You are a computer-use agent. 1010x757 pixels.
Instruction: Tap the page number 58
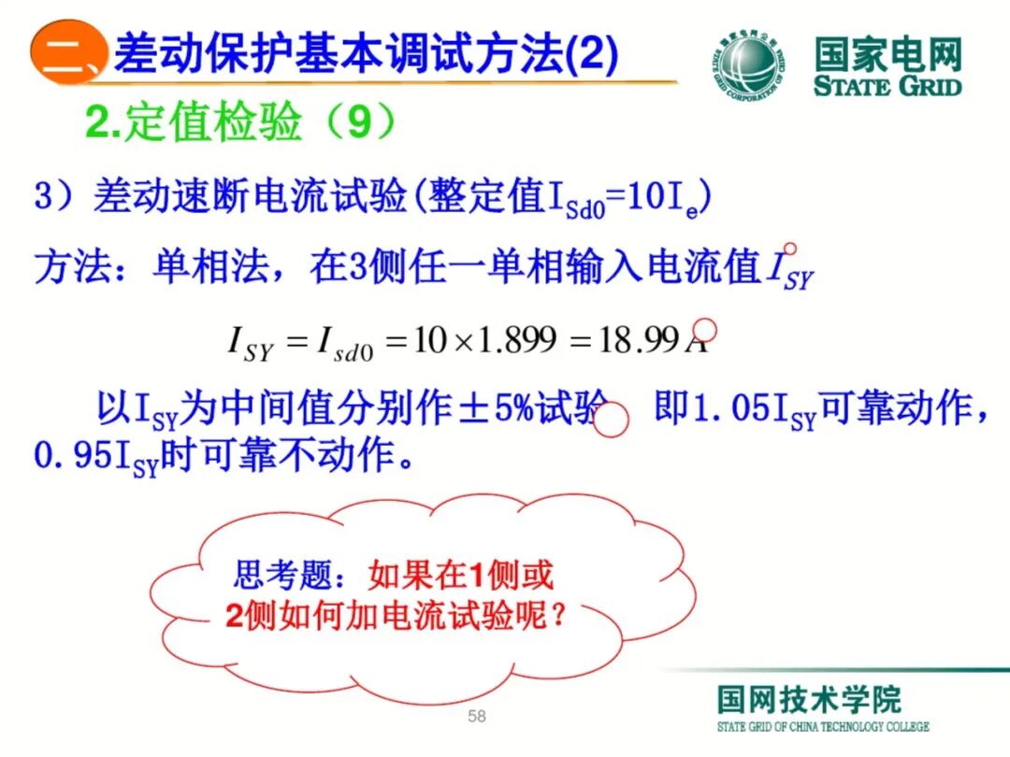(477, 717)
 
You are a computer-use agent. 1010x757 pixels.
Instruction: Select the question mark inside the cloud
(559, 617)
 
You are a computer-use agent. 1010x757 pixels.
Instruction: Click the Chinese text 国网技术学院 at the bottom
(809, 699)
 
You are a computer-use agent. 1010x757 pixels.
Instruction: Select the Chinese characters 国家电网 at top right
(887, 55)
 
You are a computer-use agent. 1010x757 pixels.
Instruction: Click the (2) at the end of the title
(592, 56)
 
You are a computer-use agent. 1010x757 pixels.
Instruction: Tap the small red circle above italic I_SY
(789, 250)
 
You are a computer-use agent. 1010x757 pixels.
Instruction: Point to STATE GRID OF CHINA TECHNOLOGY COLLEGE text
(823, 727)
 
